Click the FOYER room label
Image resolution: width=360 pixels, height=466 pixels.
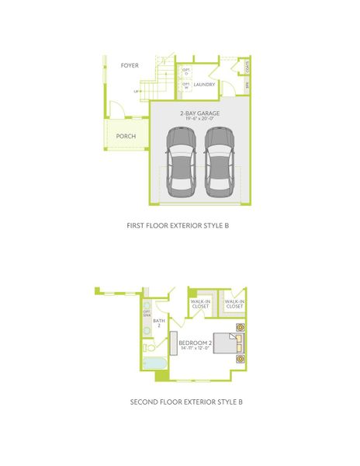click(x=130, y=65)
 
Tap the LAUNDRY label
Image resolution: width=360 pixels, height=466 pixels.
click(x=204, y=85)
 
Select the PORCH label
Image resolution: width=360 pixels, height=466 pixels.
click(x=126, y=136)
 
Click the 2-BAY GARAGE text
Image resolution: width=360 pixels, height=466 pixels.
click(x=199, y=114)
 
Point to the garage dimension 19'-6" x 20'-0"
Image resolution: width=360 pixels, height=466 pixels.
click(x=199, y=120)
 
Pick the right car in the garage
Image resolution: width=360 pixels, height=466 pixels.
click(x=218, y=161)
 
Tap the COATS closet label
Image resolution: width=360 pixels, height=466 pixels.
click(x=246, y=66)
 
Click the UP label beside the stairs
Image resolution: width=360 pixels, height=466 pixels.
click(x=137, y=91)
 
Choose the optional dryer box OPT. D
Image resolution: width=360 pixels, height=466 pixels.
click(x=186, y=71)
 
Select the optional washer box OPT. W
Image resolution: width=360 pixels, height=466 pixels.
click(x=186, y=85)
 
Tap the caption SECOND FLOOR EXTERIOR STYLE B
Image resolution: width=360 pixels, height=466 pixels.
click(x=179, y=402)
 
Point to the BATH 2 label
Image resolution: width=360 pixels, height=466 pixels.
click(x=159, y=322)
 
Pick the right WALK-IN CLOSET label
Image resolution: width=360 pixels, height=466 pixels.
click(x=234, y=304)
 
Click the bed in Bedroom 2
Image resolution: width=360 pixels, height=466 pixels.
click(x=229, y=343)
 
